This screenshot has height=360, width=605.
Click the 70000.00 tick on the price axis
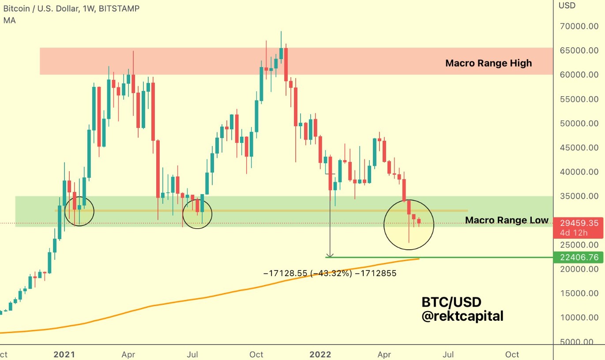tap(579, 26)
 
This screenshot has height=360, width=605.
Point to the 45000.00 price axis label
tap(579, 147)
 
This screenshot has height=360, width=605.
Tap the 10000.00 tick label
tap(579, 317)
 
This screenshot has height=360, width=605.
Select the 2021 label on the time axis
tap(64, 354)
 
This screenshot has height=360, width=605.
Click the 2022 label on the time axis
tap(320, 354)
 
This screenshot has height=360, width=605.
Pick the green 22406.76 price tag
tap(578, 257)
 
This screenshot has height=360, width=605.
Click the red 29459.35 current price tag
tap(578, 223)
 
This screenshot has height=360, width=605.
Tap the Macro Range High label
tap(489, 63)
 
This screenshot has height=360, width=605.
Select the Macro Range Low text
tap(507, 220)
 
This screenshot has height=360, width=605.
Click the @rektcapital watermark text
tap(462, 316)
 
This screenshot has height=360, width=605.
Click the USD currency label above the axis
tap(567, 6)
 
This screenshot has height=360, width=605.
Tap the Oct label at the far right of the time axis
tap(512, 354)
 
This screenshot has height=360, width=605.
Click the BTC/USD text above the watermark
tap(451, 302)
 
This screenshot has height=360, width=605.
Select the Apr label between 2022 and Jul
tap(384, 354)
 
